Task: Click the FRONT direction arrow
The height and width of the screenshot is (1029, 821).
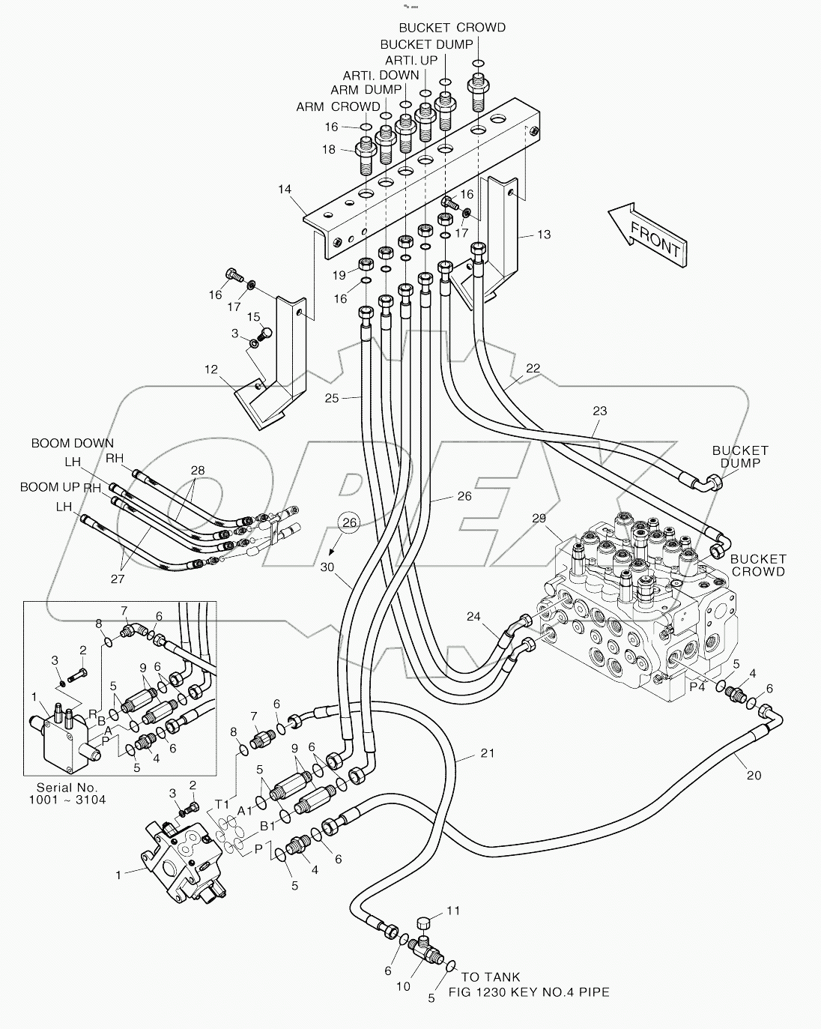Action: pos(649,235)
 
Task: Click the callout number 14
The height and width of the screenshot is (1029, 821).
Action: pos(284,190)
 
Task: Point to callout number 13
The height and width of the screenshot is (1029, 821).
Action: pos(543,235)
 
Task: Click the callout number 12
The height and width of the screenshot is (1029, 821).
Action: pos(211,369)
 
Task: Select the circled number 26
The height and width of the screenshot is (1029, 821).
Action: pos(347,522)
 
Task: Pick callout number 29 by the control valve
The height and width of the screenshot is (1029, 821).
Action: pos(539,519)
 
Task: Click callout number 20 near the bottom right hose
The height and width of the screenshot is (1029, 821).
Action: pos(753,775)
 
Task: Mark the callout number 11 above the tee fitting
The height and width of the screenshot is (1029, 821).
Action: pos(453,911)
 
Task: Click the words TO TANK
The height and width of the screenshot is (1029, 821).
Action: pos(491,977)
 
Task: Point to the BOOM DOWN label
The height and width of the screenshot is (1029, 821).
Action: pos(73,444)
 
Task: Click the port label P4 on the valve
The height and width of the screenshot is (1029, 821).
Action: pos(697,685)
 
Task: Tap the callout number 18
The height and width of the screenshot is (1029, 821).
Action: pos(329,150)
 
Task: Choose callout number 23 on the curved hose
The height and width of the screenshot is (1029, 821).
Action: pos(599,411)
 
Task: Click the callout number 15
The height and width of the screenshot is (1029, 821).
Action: pos(254,317)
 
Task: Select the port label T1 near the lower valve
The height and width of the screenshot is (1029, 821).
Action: pos(222,803)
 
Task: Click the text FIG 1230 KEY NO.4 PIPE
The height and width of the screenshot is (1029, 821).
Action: pos(528,992)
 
